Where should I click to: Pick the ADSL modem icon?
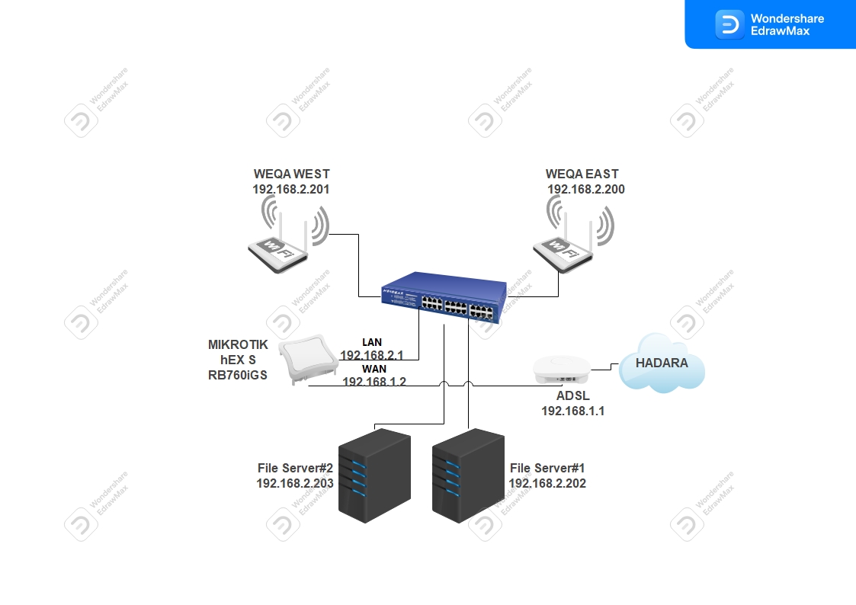click(563, 370)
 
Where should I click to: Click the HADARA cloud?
click(662, 363)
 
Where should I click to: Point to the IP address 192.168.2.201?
click(291, 190)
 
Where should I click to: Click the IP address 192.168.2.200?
click(585, 190)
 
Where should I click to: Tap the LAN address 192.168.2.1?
click(371, 355)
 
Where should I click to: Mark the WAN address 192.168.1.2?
click(373, 382)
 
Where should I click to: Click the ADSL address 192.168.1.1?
click(572, 411)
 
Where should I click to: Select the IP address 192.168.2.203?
click(294, 483)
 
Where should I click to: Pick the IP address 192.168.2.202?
click(547, 483)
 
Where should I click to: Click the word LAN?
click(372, 342)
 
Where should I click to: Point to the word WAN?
click(373, 369)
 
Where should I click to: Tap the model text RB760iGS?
click(238, 374)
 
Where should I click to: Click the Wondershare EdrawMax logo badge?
click(770, 24)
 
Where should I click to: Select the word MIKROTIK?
click(238, 344)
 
